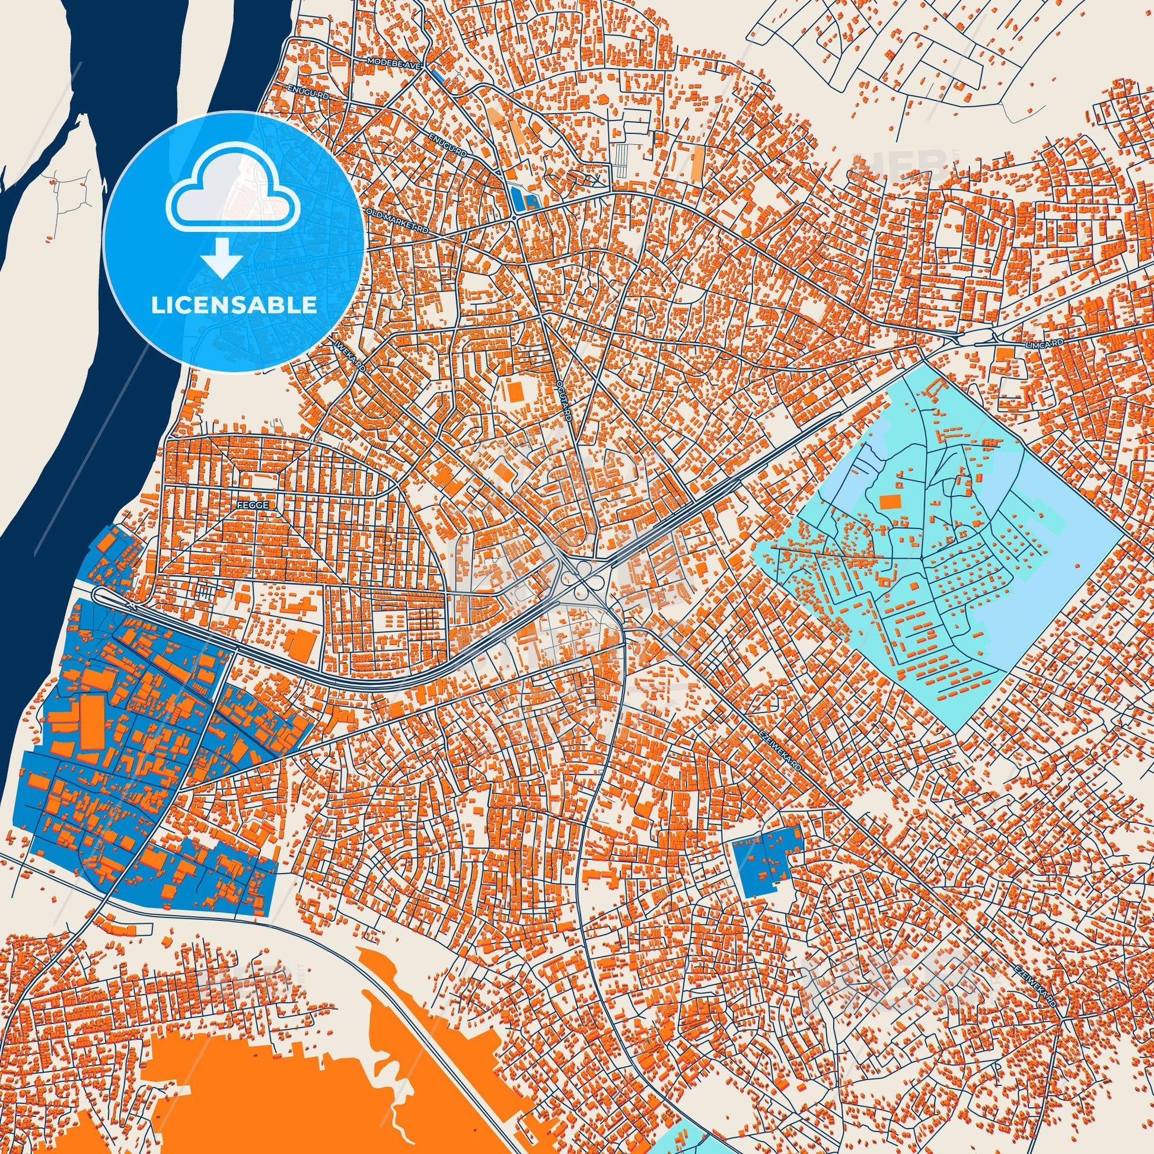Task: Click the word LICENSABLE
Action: [234, 305]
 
